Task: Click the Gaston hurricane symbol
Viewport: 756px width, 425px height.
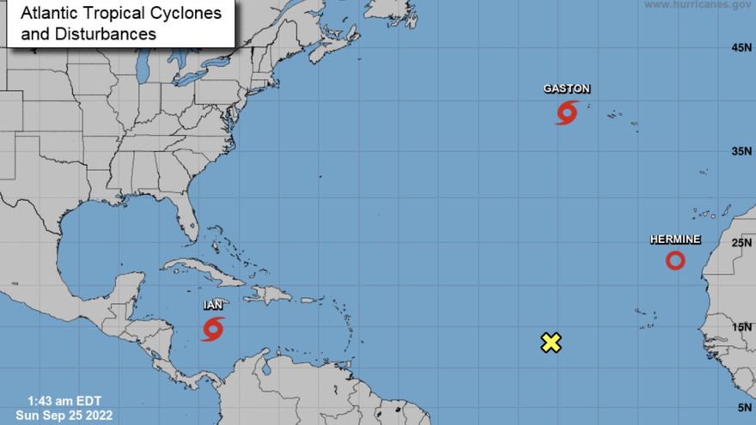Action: (x=566, y=112)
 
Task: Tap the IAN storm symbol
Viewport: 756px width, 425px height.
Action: (x=212, y=329)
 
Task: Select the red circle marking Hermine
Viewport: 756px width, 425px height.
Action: (x=675, y=260)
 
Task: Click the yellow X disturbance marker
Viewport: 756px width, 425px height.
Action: (x=551, y=343)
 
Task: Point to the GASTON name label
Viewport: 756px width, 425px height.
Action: (x=566, y=89)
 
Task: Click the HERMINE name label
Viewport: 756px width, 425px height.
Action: (x=674, y=240)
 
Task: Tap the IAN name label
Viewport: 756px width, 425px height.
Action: (x=213, y=306)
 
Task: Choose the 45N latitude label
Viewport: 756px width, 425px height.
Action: (x=741, y=48)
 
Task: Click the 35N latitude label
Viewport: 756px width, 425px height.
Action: (x=741, y=152)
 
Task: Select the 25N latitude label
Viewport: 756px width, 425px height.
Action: (x=741, y=243)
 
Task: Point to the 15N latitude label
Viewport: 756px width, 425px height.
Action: (x=741, y=327)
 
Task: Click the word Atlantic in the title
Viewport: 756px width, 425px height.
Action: (x=49, y=14)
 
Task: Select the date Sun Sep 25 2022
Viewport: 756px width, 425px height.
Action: (x=64, y=416)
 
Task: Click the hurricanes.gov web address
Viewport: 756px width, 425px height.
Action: (x=697, y=5)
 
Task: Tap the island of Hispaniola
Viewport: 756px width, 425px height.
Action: (x=269, y=294)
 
